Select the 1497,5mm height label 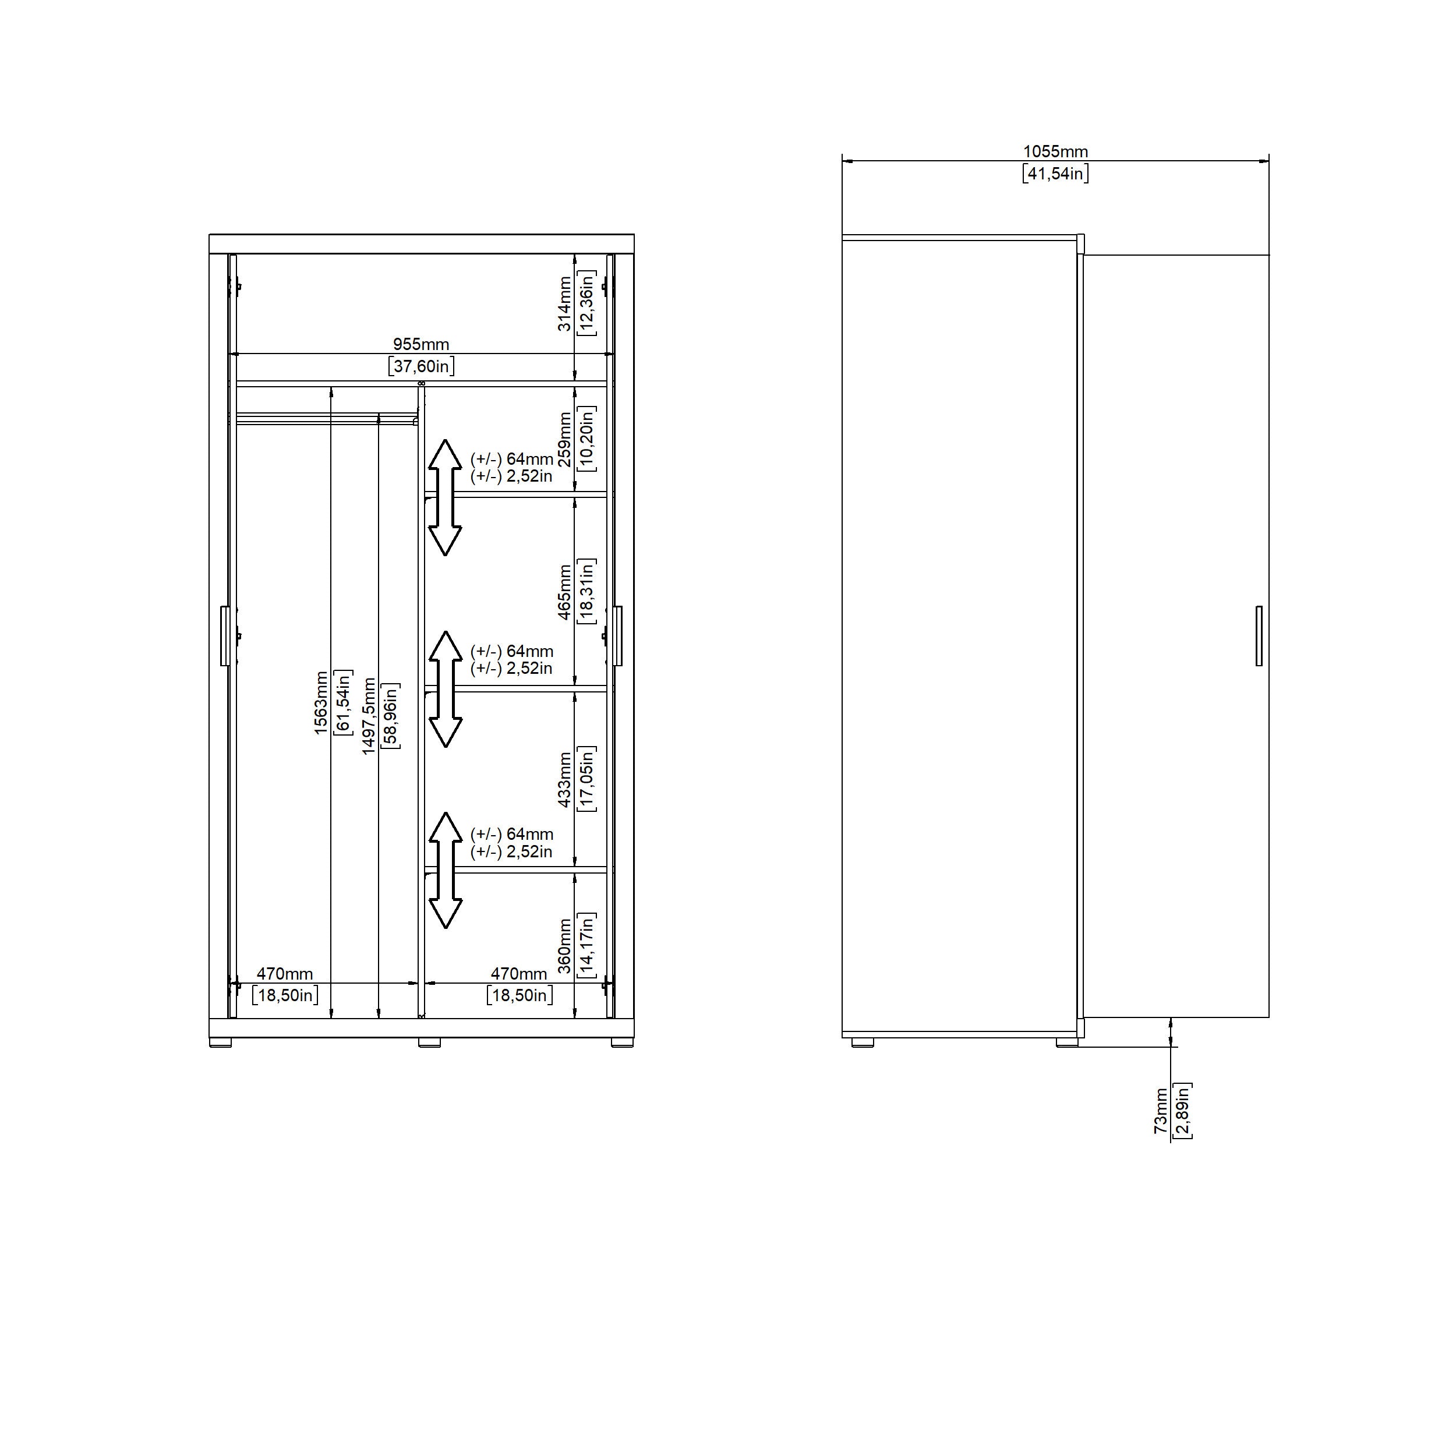pyautogui.click(x=369, y=716)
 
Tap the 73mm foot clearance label pyautogui.click(x=1161, y=1111)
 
